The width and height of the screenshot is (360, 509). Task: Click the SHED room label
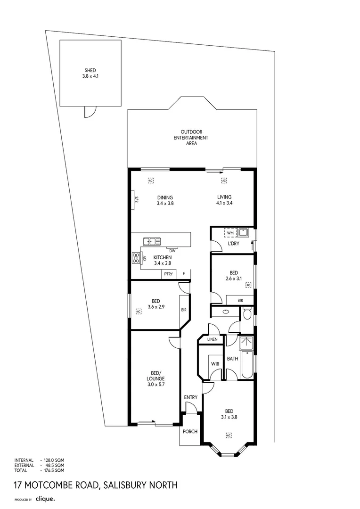tap(90, 73)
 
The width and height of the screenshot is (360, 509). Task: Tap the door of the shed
tap(90, 112)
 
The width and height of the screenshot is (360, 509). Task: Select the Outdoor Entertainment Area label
tap(194, 137)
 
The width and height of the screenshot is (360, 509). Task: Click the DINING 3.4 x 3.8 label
tap(165, 200)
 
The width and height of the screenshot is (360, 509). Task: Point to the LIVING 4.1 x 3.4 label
tap(224, 200)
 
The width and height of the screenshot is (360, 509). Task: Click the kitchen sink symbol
tap(152, 241)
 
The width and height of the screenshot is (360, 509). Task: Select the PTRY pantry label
tap(168, 274)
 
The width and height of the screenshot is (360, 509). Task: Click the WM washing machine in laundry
tap(230, 233)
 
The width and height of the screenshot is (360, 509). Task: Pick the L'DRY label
tap(234, 244)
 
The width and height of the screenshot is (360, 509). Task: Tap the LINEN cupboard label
tap(212, 339)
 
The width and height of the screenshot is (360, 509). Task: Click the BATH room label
tap(232, 359)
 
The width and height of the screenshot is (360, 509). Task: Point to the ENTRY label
tap(191, 397)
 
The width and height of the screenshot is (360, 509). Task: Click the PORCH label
tap(190, 431)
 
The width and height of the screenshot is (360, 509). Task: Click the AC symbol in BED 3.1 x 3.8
tap(229, 435)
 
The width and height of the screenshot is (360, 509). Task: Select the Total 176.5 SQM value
tap(53, 470)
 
